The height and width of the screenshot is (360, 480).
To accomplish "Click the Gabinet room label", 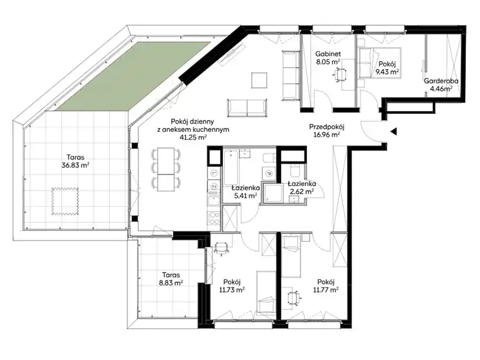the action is coord(328,54).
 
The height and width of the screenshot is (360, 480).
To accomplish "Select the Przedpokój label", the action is coord(327,127).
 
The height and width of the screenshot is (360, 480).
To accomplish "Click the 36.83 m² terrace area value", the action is coord(76,165).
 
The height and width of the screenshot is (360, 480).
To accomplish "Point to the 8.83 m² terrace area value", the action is coord(171,283).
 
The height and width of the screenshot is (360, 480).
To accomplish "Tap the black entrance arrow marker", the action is coord(393,132).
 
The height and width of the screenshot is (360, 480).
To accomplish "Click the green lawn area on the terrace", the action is coord(134,76).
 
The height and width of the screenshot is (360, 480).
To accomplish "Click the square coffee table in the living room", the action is coord(259,80).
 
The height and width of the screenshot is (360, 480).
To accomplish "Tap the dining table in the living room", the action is coord(166,169).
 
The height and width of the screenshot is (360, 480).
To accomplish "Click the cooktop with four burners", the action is coord(214,218).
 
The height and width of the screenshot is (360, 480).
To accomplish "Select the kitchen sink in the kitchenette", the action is coord(213,200).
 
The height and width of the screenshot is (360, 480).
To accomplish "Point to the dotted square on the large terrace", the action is coord(65,201).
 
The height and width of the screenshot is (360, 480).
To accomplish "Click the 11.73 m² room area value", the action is coord(232,290).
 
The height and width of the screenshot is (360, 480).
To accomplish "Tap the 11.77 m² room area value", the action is coord(326,290).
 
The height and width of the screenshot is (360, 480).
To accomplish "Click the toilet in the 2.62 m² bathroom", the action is coord(295,171).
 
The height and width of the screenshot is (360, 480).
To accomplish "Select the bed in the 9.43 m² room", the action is coord(380,63).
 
